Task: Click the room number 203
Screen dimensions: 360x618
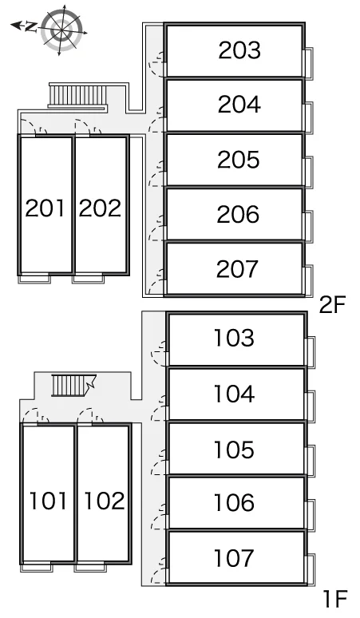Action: pyautogui.click(x=239, y=50)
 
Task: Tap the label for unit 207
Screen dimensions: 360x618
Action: pyautogui.click(x=237, y=269)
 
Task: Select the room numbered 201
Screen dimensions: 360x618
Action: pyautogui.click(x=45, y=208)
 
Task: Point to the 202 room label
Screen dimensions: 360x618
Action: pyautogui.click(x=100, y=208)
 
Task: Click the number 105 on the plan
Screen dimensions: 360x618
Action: pyautogui.click(x=234, y=450)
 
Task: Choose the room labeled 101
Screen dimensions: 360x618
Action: pyautogui.click(x=48, y=501)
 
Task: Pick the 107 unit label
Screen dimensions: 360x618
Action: pyautogui.click(x=234, y=558)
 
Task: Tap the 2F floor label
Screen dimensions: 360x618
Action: pyautogui.click(x=331, y=305)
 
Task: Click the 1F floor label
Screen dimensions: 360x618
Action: pyautogui.click(x=334, y=599)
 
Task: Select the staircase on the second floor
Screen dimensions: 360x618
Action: pyautogui.click(x=78, y=96)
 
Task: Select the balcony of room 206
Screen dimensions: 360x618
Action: pyautogui.click(x=309, y=227)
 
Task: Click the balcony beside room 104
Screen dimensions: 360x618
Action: pyautogui.click(x=311, y=406)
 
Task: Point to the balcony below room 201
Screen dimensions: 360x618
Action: pyautogui.click(x=35, y=279)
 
